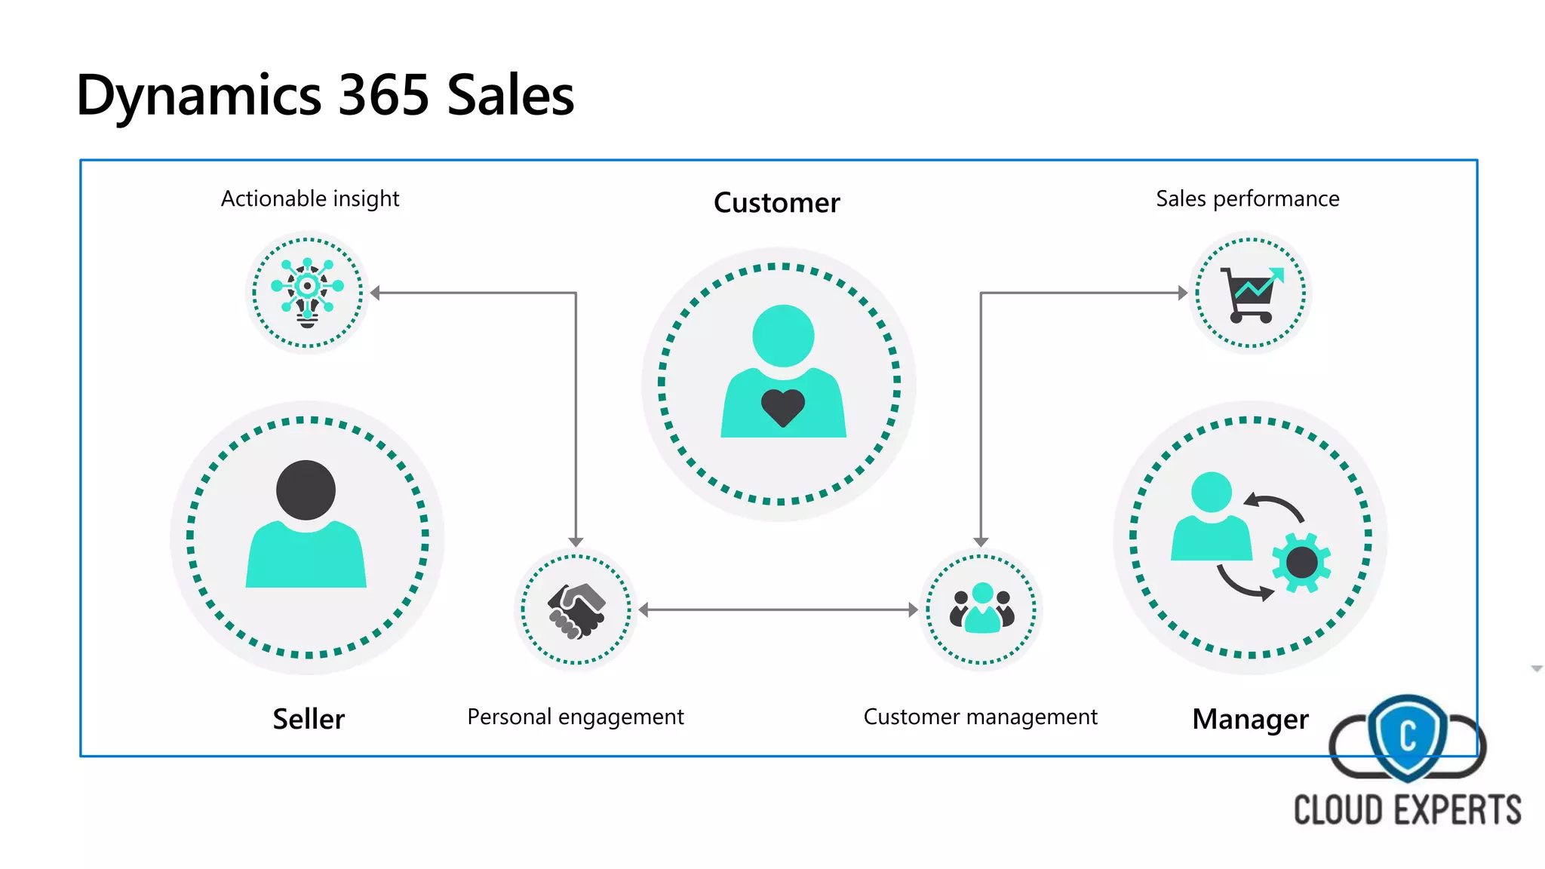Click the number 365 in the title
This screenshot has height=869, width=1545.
point(384,96)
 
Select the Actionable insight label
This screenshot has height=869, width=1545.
point(309,198)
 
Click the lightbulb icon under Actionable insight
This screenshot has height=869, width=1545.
point(307,293)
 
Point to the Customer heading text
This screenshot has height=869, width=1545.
point(776,203)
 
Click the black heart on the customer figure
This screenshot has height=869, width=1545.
point(782,408)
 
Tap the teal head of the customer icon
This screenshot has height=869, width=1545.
point(783,336)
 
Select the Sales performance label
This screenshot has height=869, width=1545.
point(1247,198)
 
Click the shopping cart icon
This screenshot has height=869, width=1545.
point(1251,294)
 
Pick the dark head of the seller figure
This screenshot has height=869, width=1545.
point(306,490)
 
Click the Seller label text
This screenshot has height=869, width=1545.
point(309,719)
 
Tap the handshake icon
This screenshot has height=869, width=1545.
point(576,610)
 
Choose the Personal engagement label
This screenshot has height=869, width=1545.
point(576,717)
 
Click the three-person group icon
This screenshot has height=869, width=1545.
point(981,609)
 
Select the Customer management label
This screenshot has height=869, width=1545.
point(980,717)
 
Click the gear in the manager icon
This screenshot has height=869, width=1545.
point(1301,562)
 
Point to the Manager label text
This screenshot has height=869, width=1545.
point(1250,719)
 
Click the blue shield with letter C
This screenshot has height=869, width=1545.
point(1408,736)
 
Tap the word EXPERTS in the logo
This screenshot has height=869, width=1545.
point(1457,810)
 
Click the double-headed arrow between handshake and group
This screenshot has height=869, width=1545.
point(778,610)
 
